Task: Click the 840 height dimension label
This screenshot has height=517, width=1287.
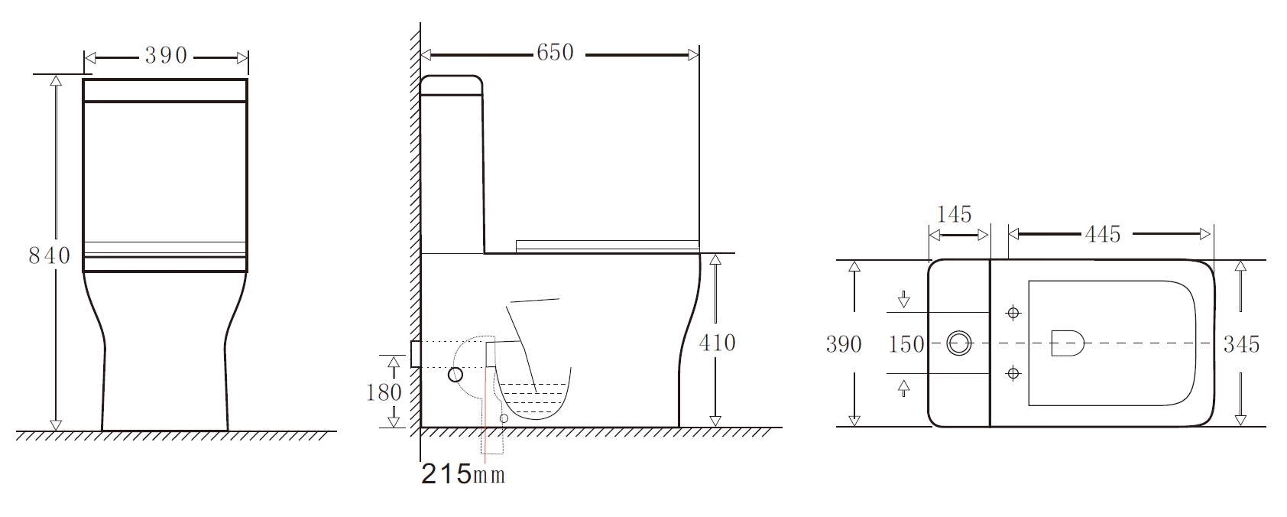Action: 49,255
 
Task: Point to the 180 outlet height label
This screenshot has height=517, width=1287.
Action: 384,392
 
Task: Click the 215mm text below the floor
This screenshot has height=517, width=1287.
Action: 463,474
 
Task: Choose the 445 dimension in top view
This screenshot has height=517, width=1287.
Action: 1102,234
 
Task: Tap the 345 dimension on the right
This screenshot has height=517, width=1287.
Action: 1241,344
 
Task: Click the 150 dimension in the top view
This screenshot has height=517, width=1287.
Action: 906,344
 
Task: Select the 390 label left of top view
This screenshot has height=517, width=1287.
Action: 844,344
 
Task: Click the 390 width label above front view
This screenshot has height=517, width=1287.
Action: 166,55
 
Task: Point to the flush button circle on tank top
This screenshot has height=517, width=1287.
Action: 958,343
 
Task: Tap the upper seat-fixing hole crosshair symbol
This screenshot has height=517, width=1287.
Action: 1014,313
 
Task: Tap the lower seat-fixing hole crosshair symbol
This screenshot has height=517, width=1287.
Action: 1014,373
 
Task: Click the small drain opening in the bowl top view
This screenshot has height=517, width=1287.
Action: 1068,343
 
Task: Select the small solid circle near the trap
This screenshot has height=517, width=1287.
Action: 455,375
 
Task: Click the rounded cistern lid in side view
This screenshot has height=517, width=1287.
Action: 452,84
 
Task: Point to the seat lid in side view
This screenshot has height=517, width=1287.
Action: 608,245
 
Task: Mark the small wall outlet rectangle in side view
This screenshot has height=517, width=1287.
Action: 415,353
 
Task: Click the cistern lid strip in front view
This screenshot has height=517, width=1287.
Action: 165,90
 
